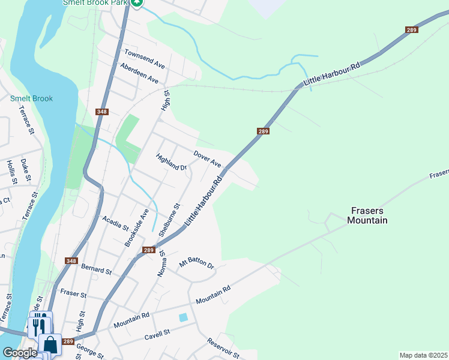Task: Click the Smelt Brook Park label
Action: [95, 3]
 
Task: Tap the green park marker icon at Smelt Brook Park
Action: [137, 4]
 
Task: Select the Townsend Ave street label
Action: [144, 58]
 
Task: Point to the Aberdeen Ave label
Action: [139, 73]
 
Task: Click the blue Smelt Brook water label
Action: [31, 99]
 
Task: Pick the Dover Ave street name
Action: [207, 159]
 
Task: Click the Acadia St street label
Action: [116, 223]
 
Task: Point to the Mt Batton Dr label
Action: [197, 263]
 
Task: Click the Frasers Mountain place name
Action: [367, 216]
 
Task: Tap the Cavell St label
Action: [157, 332]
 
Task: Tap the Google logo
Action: [20, 353]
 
